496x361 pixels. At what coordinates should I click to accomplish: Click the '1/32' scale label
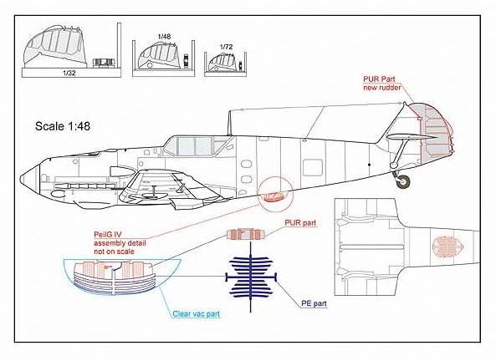(x=69, y=73)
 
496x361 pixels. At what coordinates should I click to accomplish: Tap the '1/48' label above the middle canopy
(x=164, y=37)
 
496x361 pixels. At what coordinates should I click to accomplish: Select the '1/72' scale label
(x=226, y=47)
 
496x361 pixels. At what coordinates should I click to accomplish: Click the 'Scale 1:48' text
(x=63, y=126)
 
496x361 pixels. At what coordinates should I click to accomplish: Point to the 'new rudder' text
(x=381, y=87)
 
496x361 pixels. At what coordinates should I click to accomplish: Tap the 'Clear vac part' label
(x=196, y=314)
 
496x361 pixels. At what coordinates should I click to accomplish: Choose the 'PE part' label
(x=314, y=303)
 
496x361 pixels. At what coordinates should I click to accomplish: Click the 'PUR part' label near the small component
(x=300, y=223)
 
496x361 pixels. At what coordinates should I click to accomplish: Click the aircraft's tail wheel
(x=402, y=181)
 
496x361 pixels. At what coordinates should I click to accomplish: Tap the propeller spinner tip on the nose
(x=21, y=179)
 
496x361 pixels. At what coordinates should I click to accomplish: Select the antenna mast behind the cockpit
(x=230, y=123)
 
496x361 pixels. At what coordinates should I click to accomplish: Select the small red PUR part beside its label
(x=245, y=234)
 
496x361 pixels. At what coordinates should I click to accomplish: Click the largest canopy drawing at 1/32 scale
(x=54, y=47)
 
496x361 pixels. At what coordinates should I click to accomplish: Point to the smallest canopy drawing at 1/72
(x=222, y=61)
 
